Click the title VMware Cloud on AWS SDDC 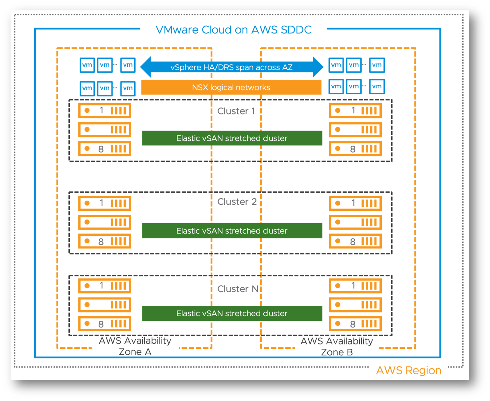[x=233, y=30]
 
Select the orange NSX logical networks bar [x=231, y=87]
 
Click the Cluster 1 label [x=236, y=111]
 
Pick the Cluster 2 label [x=237, y=201]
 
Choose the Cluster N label [x=238, y=289]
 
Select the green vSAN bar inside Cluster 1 [x=232, y=138]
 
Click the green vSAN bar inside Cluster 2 [x=232, y=231]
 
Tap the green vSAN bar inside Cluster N [x=232, y=313]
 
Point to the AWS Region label [x=408, y=370]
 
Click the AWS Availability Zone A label [x=135, y=346]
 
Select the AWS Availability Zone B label [x=337, y=346]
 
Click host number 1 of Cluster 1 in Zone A [x=105, y=110]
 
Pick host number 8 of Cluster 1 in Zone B [x=355, y=149]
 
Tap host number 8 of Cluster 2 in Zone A [x=105, y=242]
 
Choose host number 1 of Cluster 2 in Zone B [x=355, y=203]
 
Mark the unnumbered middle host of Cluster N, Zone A [x=105, y=305]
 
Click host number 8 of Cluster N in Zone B [x=355, y=324]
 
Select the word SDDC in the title [x=296, y=30]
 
